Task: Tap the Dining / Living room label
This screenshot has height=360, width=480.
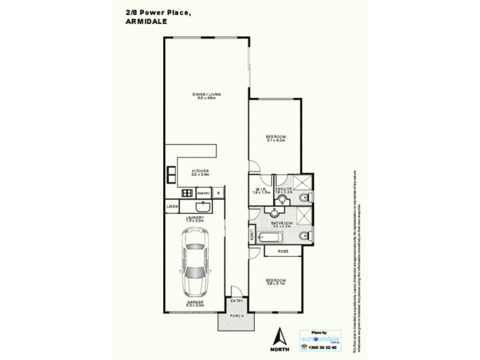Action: point(206,95)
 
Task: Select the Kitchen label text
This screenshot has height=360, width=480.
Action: point(200,172)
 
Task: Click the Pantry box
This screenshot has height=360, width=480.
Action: point(203,193)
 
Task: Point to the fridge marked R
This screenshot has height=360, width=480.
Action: point(218,193)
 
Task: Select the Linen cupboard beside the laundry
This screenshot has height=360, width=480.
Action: point(171,208)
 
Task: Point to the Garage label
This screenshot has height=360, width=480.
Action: point(195,304)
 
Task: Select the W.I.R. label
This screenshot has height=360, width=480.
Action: point(259,192)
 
